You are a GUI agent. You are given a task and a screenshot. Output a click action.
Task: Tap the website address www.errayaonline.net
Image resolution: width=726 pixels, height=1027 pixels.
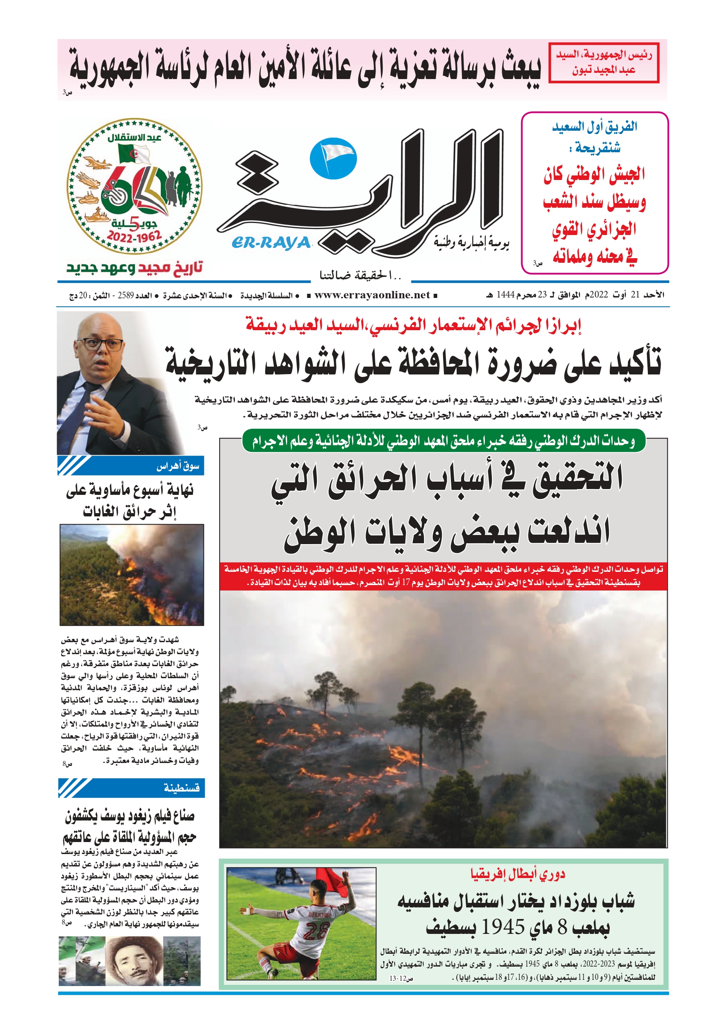[372, 295]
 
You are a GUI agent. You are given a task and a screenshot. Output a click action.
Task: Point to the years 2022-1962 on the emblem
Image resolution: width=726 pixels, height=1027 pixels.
[134, 236]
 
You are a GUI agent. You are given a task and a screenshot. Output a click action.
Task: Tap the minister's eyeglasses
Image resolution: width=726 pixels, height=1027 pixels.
[101, 344]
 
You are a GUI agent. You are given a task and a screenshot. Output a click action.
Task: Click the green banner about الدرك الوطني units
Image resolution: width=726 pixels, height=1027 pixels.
[444, 442]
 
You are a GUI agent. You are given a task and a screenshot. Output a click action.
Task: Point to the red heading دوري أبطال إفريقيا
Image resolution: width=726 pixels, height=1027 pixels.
[518, 873]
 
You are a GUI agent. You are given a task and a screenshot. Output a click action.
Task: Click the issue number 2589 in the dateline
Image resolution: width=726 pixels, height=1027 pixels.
[126, 295]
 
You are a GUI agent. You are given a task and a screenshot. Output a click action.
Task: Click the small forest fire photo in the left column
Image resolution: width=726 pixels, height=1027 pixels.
[132, 575]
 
